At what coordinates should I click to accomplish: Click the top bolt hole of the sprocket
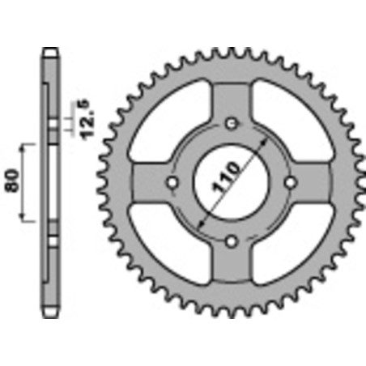(232, 123)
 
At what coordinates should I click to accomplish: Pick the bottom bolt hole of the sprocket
(232, 240)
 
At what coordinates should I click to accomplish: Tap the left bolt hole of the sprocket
(172, 182)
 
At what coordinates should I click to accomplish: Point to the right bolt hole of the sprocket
(291, 182)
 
